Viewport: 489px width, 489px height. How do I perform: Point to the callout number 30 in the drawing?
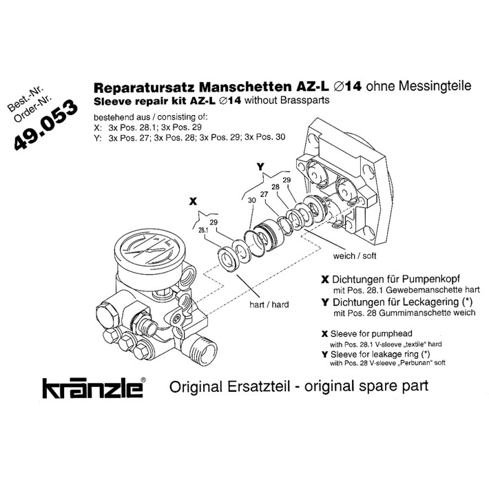[x=251, y=200]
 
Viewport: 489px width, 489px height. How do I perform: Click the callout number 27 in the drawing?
[x=263, y=194]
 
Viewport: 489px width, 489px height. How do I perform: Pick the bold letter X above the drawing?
[x=194, y=201]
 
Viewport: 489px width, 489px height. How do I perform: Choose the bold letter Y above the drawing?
[x=260, y=167]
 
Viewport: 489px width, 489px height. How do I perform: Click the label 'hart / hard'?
[x=269, y=304]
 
